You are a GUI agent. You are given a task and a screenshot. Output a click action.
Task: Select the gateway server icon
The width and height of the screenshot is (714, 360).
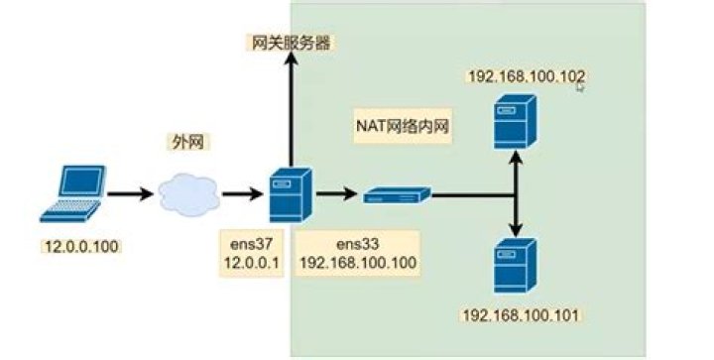[292, 195]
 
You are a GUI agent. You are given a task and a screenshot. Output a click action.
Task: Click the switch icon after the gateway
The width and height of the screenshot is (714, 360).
[397, 196]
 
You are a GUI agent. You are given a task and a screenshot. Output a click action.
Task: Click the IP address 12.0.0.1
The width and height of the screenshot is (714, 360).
[250, 263]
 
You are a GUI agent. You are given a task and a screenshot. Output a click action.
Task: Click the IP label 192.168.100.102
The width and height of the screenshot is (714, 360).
[525, 75]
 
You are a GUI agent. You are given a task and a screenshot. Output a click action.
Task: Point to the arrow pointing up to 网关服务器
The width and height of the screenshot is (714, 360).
[291, 109]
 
